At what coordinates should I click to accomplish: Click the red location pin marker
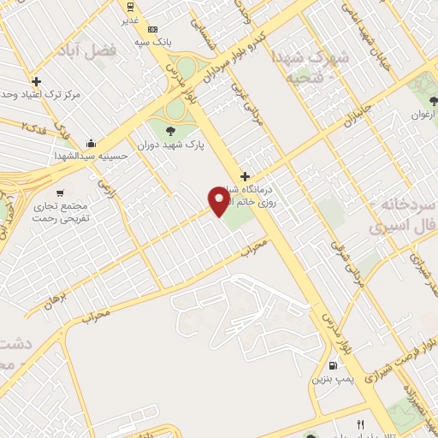coord(220,201)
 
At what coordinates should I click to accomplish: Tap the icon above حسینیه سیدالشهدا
coord(92,142)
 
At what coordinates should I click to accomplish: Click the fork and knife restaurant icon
coord(361,425)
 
